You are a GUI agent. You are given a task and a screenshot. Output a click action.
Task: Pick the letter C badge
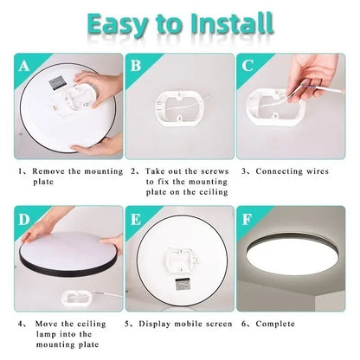point(247,65)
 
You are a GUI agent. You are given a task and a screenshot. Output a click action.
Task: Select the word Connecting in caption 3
point(280,171)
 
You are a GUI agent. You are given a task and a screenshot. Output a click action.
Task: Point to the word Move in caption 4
point(49,325)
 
